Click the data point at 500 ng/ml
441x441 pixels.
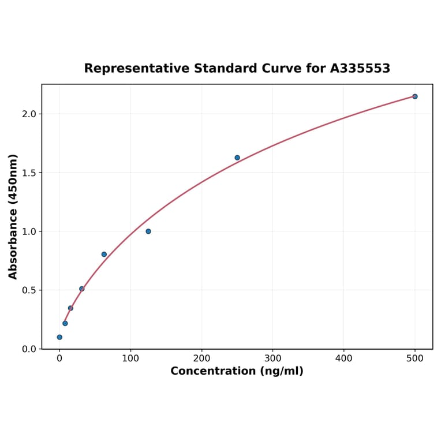[414, 96]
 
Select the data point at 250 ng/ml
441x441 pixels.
[237, 158]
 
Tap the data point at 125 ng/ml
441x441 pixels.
[148, 231]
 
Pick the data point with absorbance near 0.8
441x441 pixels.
[104, 254]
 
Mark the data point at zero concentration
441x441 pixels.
[59, 337]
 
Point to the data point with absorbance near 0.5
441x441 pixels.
[82, 289]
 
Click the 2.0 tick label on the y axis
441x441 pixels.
[29, 114]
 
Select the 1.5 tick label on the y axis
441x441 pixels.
[29, 173]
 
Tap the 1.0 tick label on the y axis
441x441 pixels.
[29, 231]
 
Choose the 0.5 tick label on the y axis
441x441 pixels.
[29, 290]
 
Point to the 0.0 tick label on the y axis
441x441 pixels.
[29, 349]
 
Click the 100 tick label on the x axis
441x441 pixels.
[130, 358]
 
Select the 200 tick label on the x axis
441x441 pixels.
[201, 358]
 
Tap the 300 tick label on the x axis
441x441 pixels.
[272, 358]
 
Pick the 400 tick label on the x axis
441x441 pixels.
[344, 358]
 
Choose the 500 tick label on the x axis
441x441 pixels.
[415, 358]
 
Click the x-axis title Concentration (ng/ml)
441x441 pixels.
[237, 371]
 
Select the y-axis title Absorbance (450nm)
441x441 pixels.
[13, 216]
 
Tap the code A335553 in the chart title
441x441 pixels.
[360, 69]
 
